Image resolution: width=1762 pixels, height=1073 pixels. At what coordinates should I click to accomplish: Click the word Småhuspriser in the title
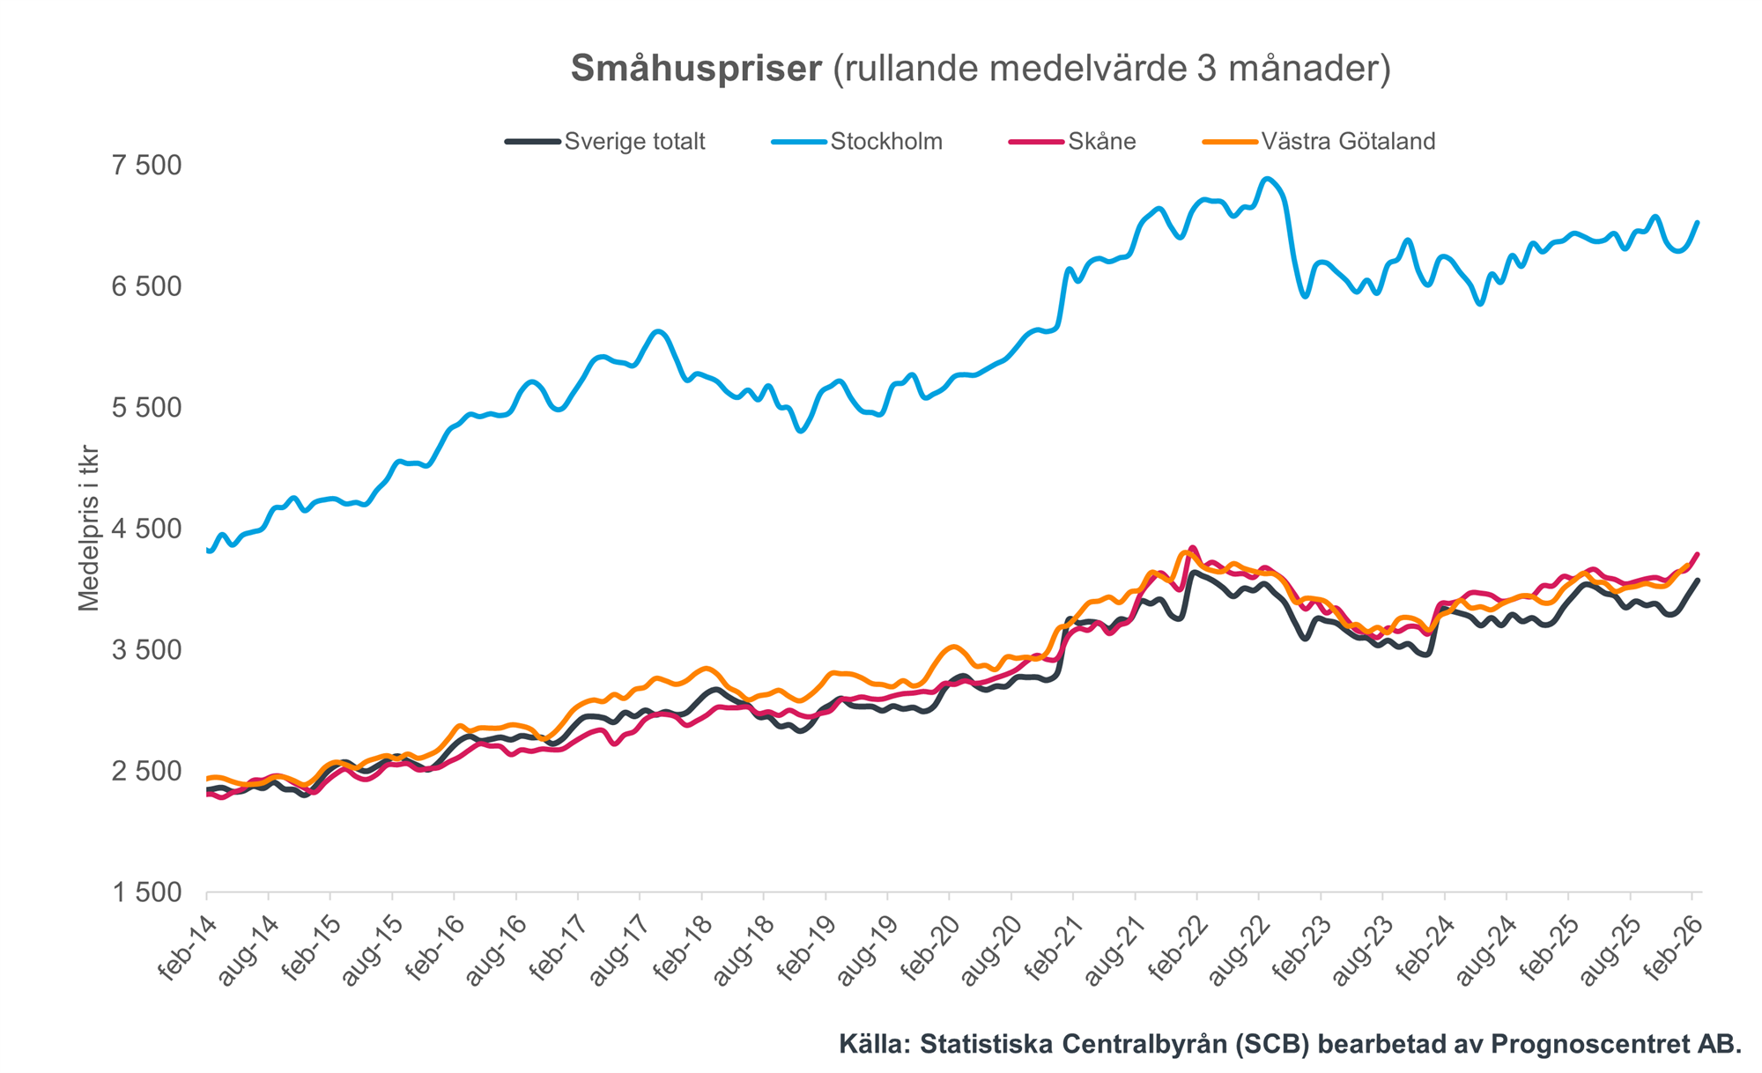click(696, 69)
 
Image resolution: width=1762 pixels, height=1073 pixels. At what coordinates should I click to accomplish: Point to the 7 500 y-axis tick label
click(146, 166)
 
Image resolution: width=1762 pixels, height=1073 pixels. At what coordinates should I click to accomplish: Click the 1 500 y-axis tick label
click(146, 892)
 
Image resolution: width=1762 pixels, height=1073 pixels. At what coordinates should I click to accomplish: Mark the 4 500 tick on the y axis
click(146, 529)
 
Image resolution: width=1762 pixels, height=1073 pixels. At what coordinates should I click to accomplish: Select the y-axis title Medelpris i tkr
click(88, 529)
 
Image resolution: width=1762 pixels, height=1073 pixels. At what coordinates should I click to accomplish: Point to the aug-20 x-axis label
click(990, 950)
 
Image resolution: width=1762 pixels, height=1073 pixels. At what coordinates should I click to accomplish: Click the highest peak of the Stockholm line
click(1267, 179)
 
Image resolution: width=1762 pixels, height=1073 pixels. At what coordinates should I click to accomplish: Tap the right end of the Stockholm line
click(1697, 222)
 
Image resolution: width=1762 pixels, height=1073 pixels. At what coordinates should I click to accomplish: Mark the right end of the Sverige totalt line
click(1697, 581)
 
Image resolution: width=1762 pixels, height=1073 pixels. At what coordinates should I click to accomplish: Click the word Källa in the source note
click(872, 1044)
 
